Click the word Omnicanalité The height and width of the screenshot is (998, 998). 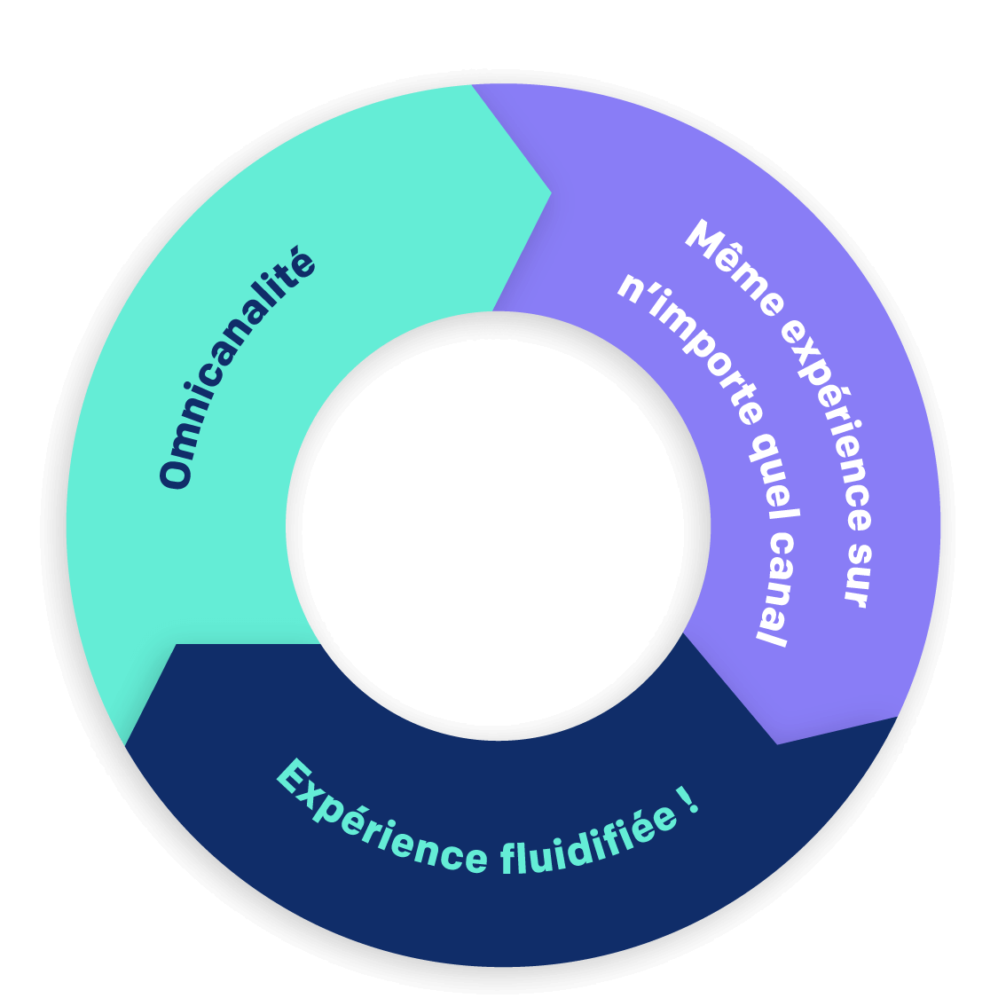pos(237,370)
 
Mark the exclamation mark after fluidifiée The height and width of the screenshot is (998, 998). pos(690,801)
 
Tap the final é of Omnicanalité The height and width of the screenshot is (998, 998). pos(300,265)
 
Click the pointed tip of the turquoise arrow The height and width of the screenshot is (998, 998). pos(552,191)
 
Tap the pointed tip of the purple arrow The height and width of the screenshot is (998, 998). pos(777,743)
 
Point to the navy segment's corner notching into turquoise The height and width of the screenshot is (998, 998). pos(177,645)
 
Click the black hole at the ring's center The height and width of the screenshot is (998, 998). pos(498,525)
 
